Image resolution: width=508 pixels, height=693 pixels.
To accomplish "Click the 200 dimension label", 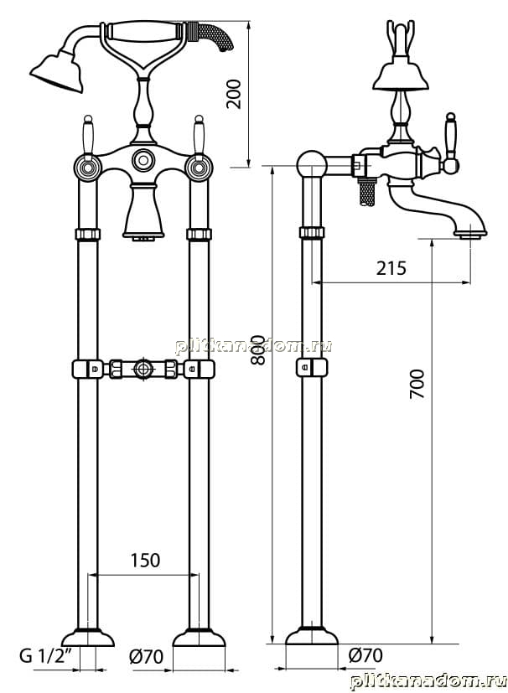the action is pyautogui.click(x=233, y=94).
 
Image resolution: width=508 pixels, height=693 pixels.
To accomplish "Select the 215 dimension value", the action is pyautogui.click(x=391, y=268).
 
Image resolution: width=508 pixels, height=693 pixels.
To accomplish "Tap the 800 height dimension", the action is pyautogui.click(x=258, y=349).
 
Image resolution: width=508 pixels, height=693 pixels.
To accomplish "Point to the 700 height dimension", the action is pyautogui.click(x=417, y=384).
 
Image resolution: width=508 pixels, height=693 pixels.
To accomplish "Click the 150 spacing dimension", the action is pyautogui.click(x=145, y=561).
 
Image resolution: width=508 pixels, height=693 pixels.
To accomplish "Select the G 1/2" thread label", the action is pyautogui.click(x=45, y=655).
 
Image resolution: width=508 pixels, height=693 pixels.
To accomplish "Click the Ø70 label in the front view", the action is pyautogui.click(x=147, y=656).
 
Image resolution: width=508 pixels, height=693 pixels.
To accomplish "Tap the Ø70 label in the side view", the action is pyautogui.click(x=365, y=654).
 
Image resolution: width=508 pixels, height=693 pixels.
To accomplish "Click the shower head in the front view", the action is pyautogui.click(x=58, y=72).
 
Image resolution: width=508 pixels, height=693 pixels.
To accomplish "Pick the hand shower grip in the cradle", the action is pyautogui.click(x=143, y=31).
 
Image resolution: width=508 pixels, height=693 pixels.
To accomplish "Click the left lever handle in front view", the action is pyautogui.click(x=88, y=137).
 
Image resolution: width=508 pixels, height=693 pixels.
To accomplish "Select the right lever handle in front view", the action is pyautogui.click(x=199, y=137).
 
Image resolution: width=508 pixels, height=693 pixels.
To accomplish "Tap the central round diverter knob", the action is pyautogui.click(x=143, y=159).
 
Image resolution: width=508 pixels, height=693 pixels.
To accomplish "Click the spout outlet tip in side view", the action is pyautogui.click(x=471, y=233).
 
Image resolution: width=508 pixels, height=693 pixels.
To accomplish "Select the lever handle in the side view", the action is pyautogui.click(x=450, y=142).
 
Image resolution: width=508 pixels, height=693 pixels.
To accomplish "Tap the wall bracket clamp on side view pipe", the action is pyautogui.click(x=312, y=368).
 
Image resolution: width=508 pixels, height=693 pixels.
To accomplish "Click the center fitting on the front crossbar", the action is pyautogui.click(x=143, y=368).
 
